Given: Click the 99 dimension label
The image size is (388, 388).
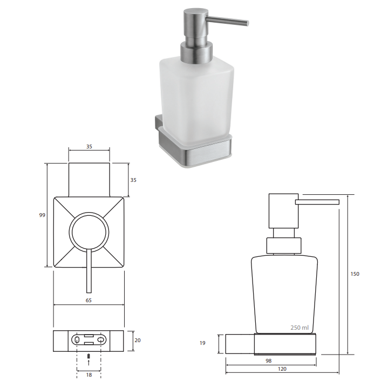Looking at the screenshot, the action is tap(42, 215).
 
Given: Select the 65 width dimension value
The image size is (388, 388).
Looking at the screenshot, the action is tap(89, 301).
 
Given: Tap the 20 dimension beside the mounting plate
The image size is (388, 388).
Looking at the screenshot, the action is tap(138, 341).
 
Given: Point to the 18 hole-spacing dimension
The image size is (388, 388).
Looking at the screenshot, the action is tap(89, 375).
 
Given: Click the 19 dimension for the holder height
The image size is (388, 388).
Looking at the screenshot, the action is tap(202, 343).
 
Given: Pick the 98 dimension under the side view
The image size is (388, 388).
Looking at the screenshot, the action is tap(269, 361).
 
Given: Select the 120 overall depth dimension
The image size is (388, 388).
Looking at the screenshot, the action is tap(282, 369).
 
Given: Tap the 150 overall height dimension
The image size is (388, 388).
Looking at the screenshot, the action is tap(355, 274).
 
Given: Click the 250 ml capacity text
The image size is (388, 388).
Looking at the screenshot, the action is tap(299, 328).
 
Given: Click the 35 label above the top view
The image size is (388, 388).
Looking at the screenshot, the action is tap(89, 147).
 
